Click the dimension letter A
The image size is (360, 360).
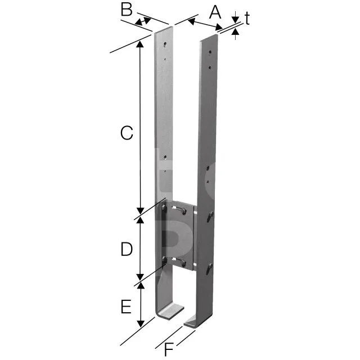[x=215, y=12]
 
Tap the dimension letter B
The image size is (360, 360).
[x=127, y=10]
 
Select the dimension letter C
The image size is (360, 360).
[x=127, y=133]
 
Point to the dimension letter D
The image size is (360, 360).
[x=127, y=249]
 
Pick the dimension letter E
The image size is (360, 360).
[x=126, y=307]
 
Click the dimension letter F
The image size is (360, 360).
[x=169, y=350]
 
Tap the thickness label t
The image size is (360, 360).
[x=247, y=18]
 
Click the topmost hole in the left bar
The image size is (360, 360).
[x=165, y=44]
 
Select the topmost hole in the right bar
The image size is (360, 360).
[x=210, y=52]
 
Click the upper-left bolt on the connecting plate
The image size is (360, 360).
[x=164, y=208]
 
